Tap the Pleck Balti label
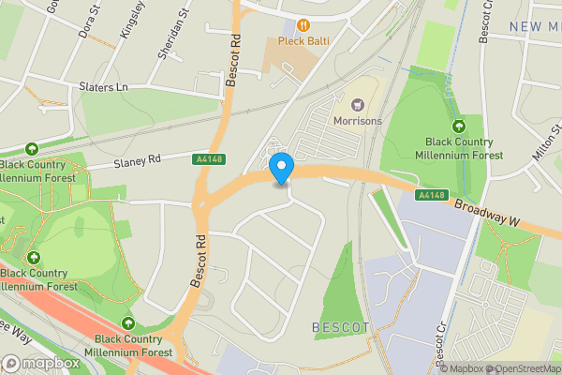[x=303, y=42]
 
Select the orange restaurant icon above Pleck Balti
[x=303, y=25]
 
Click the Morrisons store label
[x=357, y=121]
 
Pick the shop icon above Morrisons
[x=357, y=104]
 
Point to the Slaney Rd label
[x=138, y=161]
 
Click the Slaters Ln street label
[x=103, y=86]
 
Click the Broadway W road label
[x=487, y=213]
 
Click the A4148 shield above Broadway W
[x=429, y=195]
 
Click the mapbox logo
[x=39, y=363]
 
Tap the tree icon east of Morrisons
[x=459, y=127]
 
